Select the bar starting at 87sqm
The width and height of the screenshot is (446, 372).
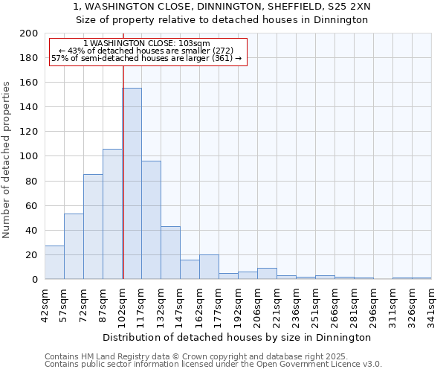click(112, 214)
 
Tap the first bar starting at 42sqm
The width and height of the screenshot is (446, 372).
click(54, 263)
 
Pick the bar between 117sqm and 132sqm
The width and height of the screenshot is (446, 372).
click(151, 220)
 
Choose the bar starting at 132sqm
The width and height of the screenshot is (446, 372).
click(170, 253)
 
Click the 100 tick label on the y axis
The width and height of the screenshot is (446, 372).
click(29, 156)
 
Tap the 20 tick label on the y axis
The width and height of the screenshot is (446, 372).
click(32, 255)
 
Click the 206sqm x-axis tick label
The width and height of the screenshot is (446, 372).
click(257, 303)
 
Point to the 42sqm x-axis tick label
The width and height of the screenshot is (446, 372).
click(45, 303)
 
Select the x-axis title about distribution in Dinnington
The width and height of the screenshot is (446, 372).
click(237, 337)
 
